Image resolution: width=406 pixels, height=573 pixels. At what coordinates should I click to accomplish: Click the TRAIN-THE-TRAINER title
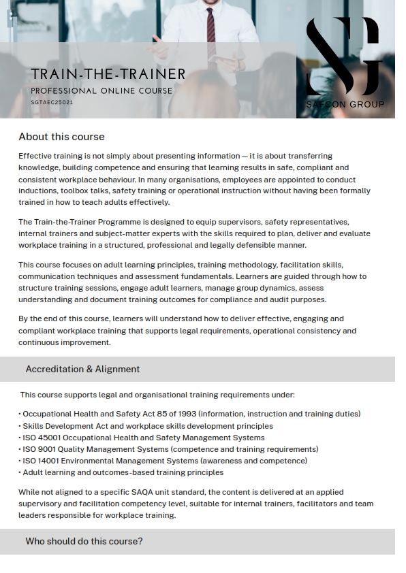click(108, 73)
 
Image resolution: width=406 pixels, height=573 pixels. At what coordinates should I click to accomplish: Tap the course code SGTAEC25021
click(52, 102)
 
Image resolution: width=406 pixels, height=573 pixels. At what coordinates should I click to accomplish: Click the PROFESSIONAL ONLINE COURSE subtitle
click(101, 91)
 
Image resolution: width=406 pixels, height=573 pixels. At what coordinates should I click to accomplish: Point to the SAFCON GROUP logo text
click(345, 104)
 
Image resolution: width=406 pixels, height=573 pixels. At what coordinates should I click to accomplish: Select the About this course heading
click(61, 137)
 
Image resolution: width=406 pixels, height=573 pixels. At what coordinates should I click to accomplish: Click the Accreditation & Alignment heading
click(82, 369)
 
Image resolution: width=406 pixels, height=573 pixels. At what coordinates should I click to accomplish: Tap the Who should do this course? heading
click(84, 542)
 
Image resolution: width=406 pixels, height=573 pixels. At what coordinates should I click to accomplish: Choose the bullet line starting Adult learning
click(123, 472)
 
